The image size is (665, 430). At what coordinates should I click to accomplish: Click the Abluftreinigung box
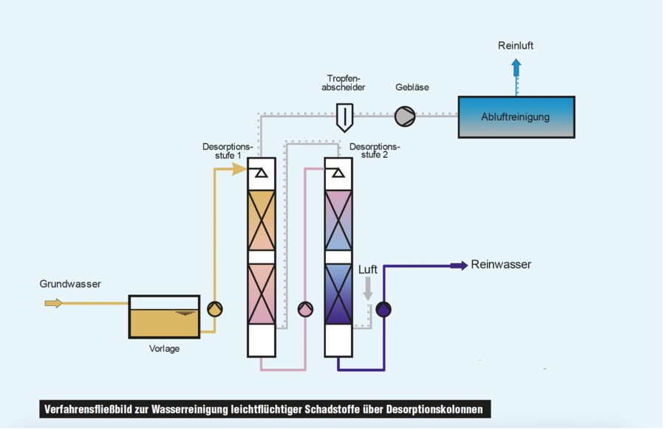point(516,117)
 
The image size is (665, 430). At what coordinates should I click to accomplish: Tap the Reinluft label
point(516,46)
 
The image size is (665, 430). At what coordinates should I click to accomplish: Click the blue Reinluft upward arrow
point(516,71)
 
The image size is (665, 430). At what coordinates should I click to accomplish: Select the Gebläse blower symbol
point(404,116)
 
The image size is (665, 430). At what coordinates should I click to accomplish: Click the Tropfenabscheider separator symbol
point(344,116)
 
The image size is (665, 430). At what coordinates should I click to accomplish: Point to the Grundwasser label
point(70,284)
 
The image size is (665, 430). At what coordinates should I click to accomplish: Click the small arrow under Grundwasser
point(53,302)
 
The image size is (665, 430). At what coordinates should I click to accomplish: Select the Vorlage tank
point(164,316)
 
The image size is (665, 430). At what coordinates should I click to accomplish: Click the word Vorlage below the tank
point(163,349)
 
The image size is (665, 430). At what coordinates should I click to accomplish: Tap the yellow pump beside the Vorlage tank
point(214,309)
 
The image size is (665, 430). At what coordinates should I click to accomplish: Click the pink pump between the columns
point(304,309)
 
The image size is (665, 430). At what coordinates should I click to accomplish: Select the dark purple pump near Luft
point(383,310)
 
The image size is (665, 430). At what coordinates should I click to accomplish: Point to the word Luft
point(368,270)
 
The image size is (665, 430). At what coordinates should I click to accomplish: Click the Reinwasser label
point(501,265)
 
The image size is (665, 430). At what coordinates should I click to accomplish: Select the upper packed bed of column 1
point(261,219)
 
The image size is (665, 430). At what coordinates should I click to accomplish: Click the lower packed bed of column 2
point(339,294)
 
